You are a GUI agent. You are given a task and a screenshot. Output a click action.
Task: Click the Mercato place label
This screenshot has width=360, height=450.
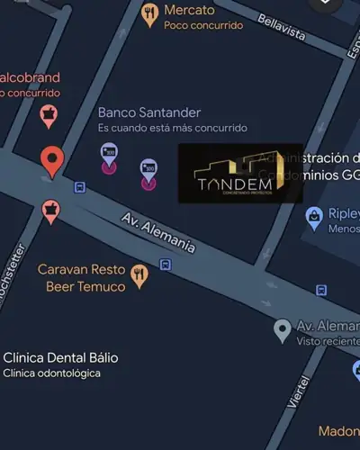pyautogui.click(x=189, y=10)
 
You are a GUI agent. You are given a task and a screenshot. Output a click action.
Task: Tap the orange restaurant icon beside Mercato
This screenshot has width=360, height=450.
pyautogui.click(x=150, y=13)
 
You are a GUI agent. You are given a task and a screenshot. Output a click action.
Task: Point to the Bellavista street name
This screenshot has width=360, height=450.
pyautogui.click(x=281, y=31)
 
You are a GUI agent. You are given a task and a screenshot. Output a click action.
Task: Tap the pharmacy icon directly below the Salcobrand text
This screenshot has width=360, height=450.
pyautogui.click(x=48, y=116)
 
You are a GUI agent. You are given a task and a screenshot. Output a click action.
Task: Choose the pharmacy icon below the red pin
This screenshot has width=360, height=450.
pyautogui.click(x=51, y=211)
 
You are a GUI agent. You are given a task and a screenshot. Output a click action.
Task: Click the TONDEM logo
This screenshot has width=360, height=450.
pyautogui.click(x=239, y=174)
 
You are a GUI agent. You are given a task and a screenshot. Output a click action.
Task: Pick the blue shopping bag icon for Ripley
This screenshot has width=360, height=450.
pyautogui.click(x=314, y=215)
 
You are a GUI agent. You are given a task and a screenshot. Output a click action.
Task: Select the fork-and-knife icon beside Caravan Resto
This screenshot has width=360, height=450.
pyautogui.click(x=139, y=275)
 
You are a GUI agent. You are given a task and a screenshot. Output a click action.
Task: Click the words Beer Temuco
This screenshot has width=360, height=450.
pyautogui.click(x=84, y=286)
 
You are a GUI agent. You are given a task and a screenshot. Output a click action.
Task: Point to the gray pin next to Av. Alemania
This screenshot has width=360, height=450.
pyautogui.click(x=283, y=329)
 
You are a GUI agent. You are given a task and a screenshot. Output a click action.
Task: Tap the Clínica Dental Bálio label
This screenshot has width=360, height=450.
pyautogui.click(x=60, y=357)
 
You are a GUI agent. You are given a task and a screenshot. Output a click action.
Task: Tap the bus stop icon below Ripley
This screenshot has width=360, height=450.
pyautogui.click(x=321, y=290)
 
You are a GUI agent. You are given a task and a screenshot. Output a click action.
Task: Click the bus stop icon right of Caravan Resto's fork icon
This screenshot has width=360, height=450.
pyautogui.click(x=166, y=265)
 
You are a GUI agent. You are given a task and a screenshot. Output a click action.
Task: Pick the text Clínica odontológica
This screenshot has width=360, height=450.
pyautogui.click(x=51, y=373)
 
